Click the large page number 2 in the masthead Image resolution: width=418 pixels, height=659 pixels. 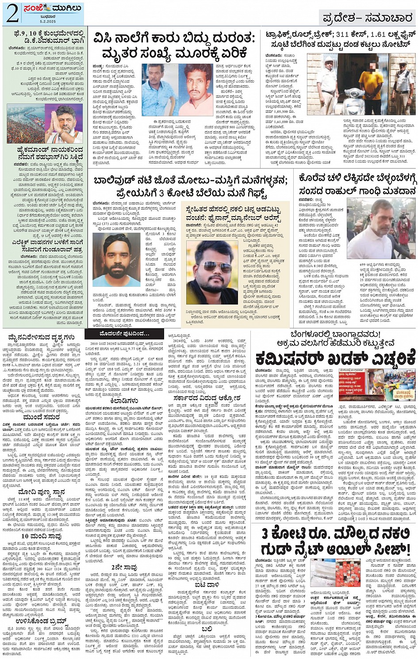tap(12, 13)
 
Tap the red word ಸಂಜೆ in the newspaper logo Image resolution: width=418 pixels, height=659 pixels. tap(38, 8)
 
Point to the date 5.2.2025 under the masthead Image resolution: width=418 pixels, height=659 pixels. tap(47, 21)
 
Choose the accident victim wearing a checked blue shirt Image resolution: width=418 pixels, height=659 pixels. tap(158, 90)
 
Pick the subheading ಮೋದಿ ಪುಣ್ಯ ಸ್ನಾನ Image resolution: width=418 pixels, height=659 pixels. tap(42, 491)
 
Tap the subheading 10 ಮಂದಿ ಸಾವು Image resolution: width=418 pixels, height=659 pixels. tap(41, 536)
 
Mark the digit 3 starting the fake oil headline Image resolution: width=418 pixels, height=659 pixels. tap(265, 533)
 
